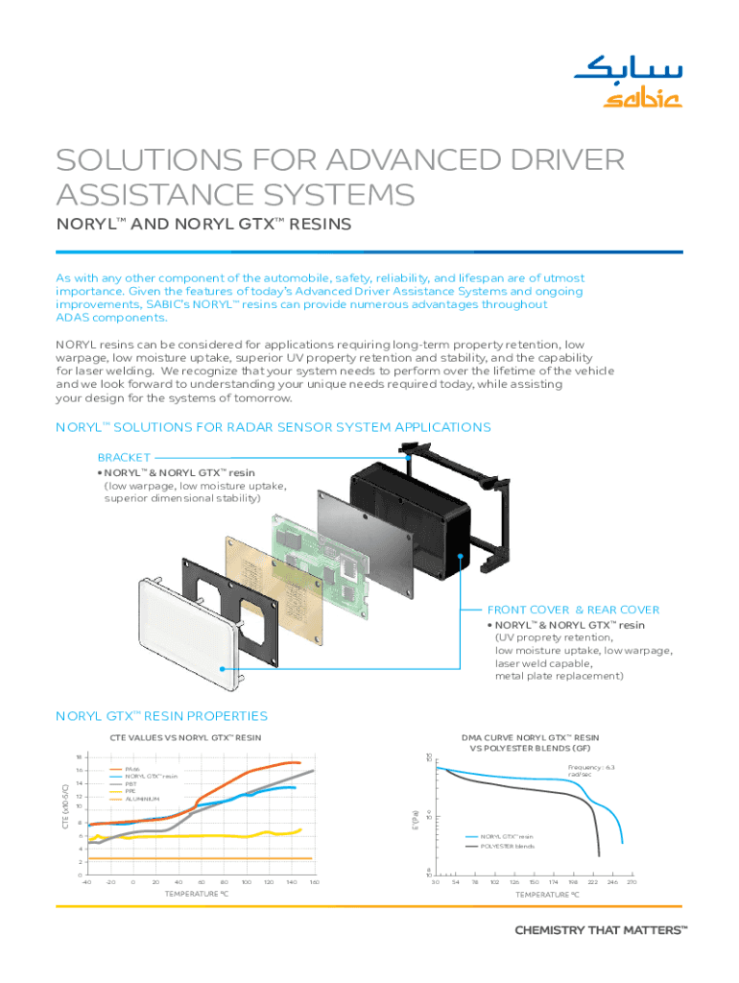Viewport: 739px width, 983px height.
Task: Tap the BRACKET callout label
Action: [124, 459]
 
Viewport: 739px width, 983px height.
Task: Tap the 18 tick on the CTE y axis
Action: [79, 756]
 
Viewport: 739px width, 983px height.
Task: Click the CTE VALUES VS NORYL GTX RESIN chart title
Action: [180, 737]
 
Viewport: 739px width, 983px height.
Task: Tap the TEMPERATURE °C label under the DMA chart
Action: [546, 895]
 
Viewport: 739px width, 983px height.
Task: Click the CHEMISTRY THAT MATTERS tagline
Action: [602, 930]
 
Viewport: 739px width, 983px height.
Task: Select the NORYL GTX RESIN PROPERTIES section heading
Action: [161, 716]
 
